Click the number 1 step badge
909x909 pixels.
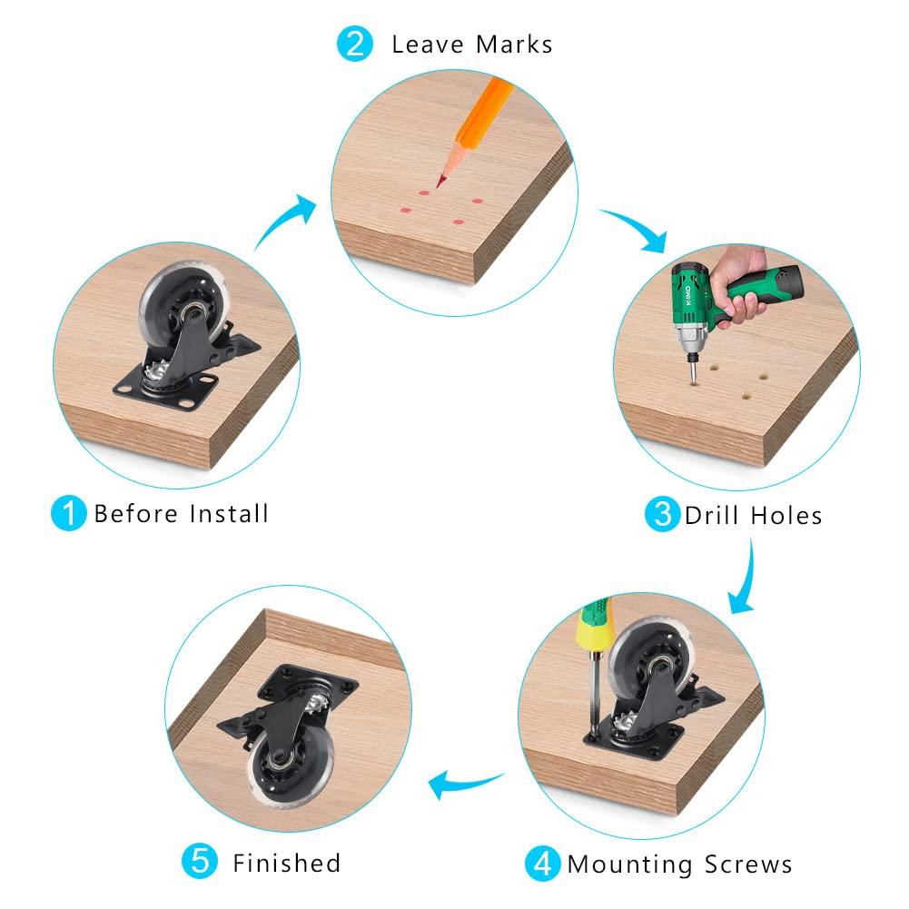click(68, 513)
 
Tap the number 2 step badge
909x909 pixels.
click(354, 44)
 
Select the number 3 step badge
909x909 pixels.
click(662, 514)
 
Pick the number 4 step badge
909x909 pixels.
click(543, 864)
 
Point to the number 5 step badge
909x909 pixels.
click(200, 861)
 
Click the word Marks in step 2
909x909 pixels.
click(514, 44)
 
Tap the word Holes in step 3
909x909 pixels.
click(786, 516)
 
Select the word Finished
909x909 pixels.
click(286, 863)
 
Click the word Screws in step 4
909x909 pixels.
click(748, 865)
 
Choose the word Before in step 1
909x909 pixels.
click(136, 514)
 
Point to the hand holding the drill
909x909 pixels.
click(741, 282)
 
